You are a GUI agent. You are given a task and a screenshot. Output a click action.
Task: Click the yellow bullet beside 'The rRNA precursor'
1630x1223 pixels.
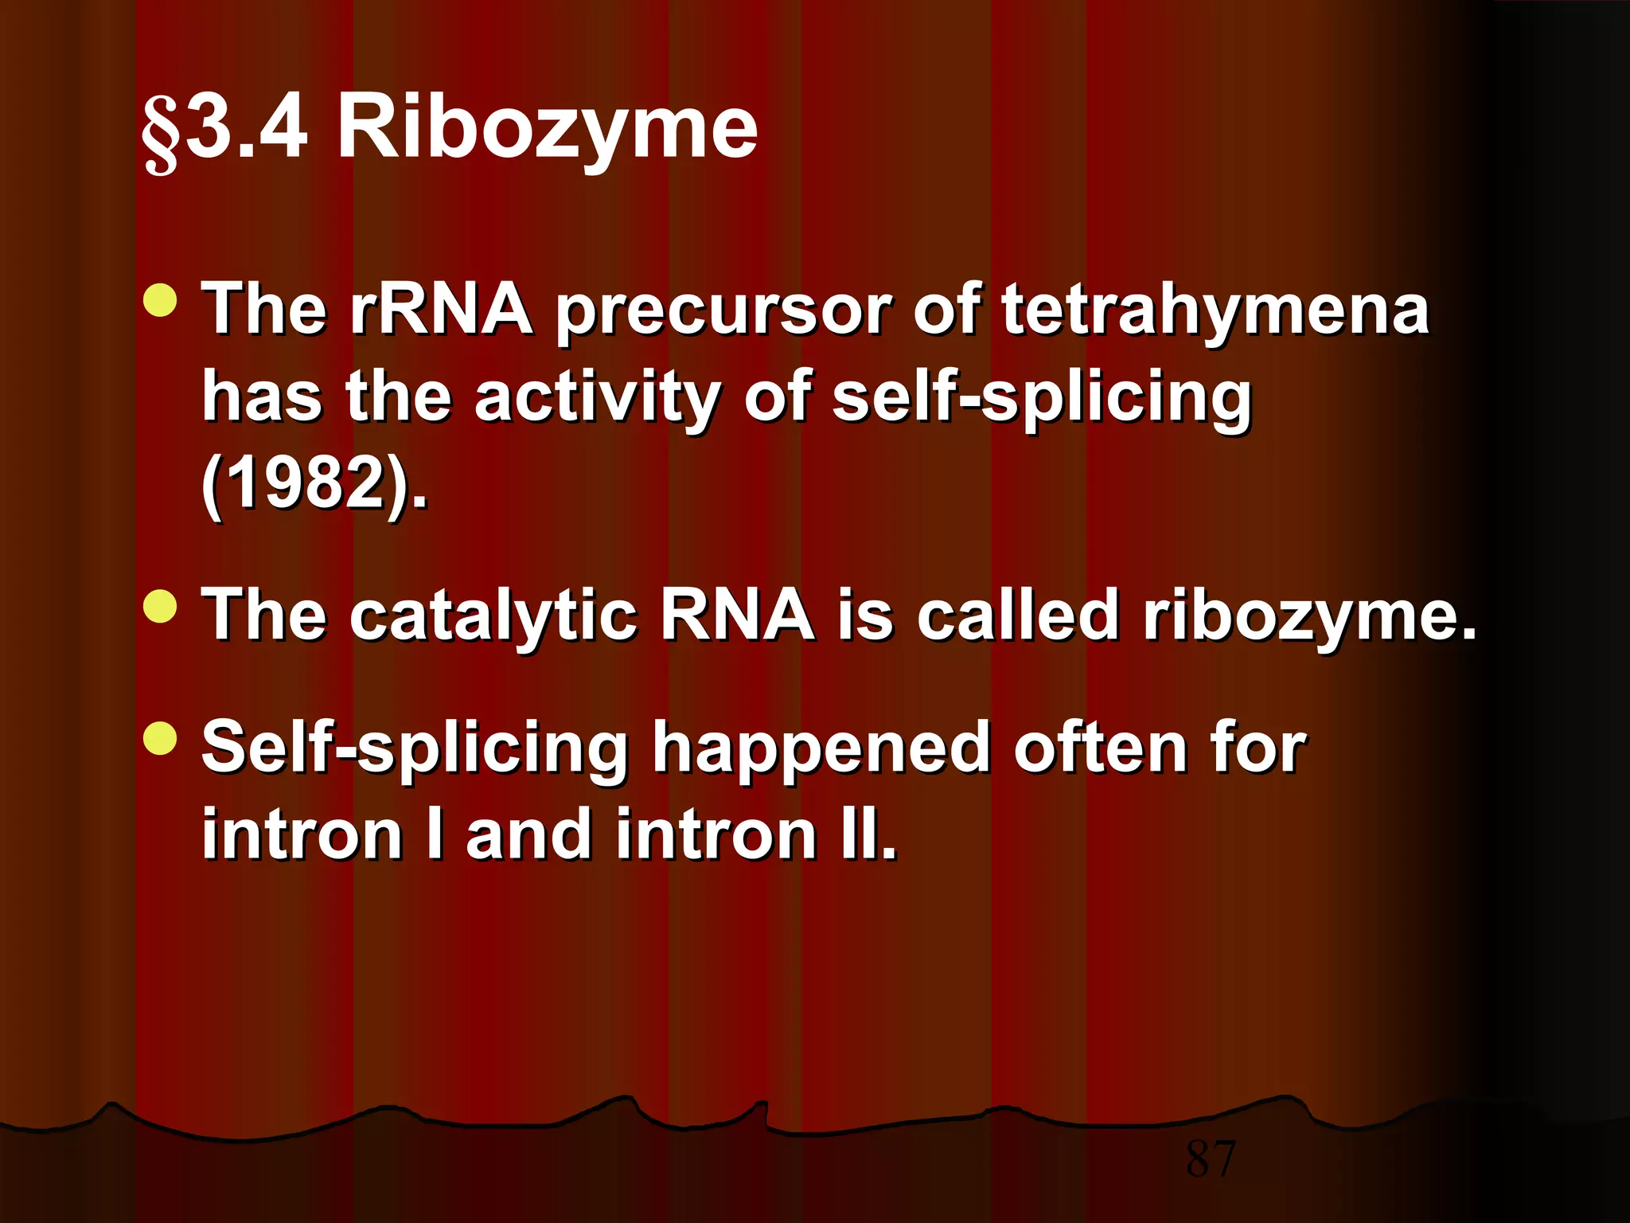[x=161, y=300]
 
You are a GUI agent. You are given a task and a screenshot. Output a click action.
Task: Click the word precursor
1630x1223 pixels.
[x=723, y=312]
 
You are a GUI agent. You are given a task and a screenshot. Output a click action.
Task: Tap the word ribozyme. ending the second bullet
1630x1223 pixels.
[x=1309, y=617]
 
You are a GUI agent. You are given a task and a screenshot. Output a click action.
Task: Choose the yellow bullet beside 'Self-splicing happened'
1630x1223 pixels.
[x=161, y=738]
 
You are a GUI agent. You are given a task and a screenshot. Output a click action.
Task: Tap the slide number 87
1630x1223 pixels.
[x=1210, y=1159]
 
